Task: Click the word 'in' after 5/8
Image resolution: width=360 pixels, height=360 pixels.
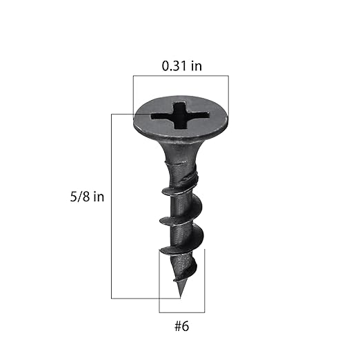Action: (98, 197)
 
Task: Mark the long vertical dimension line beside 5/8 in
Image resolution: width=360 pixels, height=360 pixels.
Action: (112, 207)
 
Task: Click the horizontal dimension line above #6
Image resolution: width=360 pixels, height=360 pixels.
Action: (181, 312)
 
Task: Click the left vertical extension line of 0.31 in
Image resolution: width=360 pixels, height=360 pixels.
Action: (132, 93)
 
